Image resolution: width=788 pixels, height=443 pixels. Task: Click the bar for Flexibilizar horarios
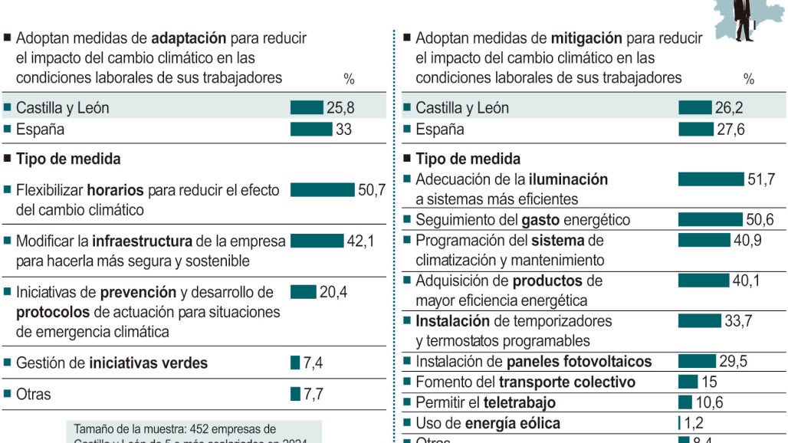point(323,190)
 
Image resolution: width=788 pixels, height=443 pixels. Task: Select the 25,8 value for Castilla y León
point(340,108)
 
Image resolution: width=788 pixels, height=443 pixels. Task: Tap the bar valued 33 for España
point(310,130)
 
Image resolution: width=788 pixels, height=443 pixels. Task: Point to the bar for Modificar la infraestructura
point(317,241)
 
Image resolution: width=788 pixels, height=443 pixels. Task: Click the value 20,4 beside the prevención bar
point(333,292)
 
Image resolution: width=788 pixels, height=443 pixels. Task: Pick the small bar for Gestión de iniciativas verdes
point(295,363)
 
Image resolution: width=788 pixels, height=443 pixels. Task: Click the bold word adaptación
point(189,38)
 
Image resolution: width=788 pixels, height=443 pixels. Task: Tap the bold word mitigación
point(588,38)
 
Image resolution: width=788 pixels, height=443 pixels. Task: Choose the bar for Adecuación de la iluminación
point(711,179)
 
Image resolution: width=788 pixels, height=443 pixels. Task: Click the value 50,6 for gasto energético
point(759,220)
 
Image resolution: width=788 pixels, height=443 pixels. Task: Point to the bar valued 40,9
point(704,240)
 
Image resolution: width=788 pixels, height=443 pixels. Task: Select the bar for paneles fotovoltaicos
point(696,361)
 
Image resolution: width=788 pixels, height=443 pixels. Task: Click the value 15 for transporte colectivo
point(710,382)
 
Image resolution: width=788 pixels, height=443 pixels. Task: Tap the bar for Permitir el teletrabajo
point(685,402)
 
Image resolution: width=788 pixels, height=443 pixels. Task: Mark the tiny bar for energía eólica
point(679,422)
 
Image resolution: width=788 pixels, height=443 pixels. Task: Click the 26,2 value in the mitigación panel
point(729,108)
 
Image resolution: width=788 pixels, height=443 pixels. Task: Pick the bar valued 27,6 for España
point(695,130)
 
